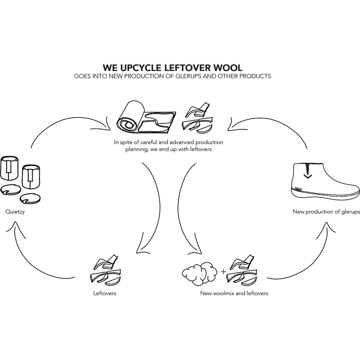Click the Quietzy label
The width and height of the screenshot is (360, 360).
coord(15,212)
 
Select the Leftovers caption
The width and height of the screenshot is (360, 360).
coord(104,293)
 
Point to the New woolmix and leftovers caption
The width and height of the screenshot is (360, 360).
coord(234,293)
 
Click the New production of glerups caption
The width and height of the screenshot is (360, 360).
coord(326,212)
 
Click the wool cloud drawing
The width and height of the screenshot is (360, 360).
coord(198,272)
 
